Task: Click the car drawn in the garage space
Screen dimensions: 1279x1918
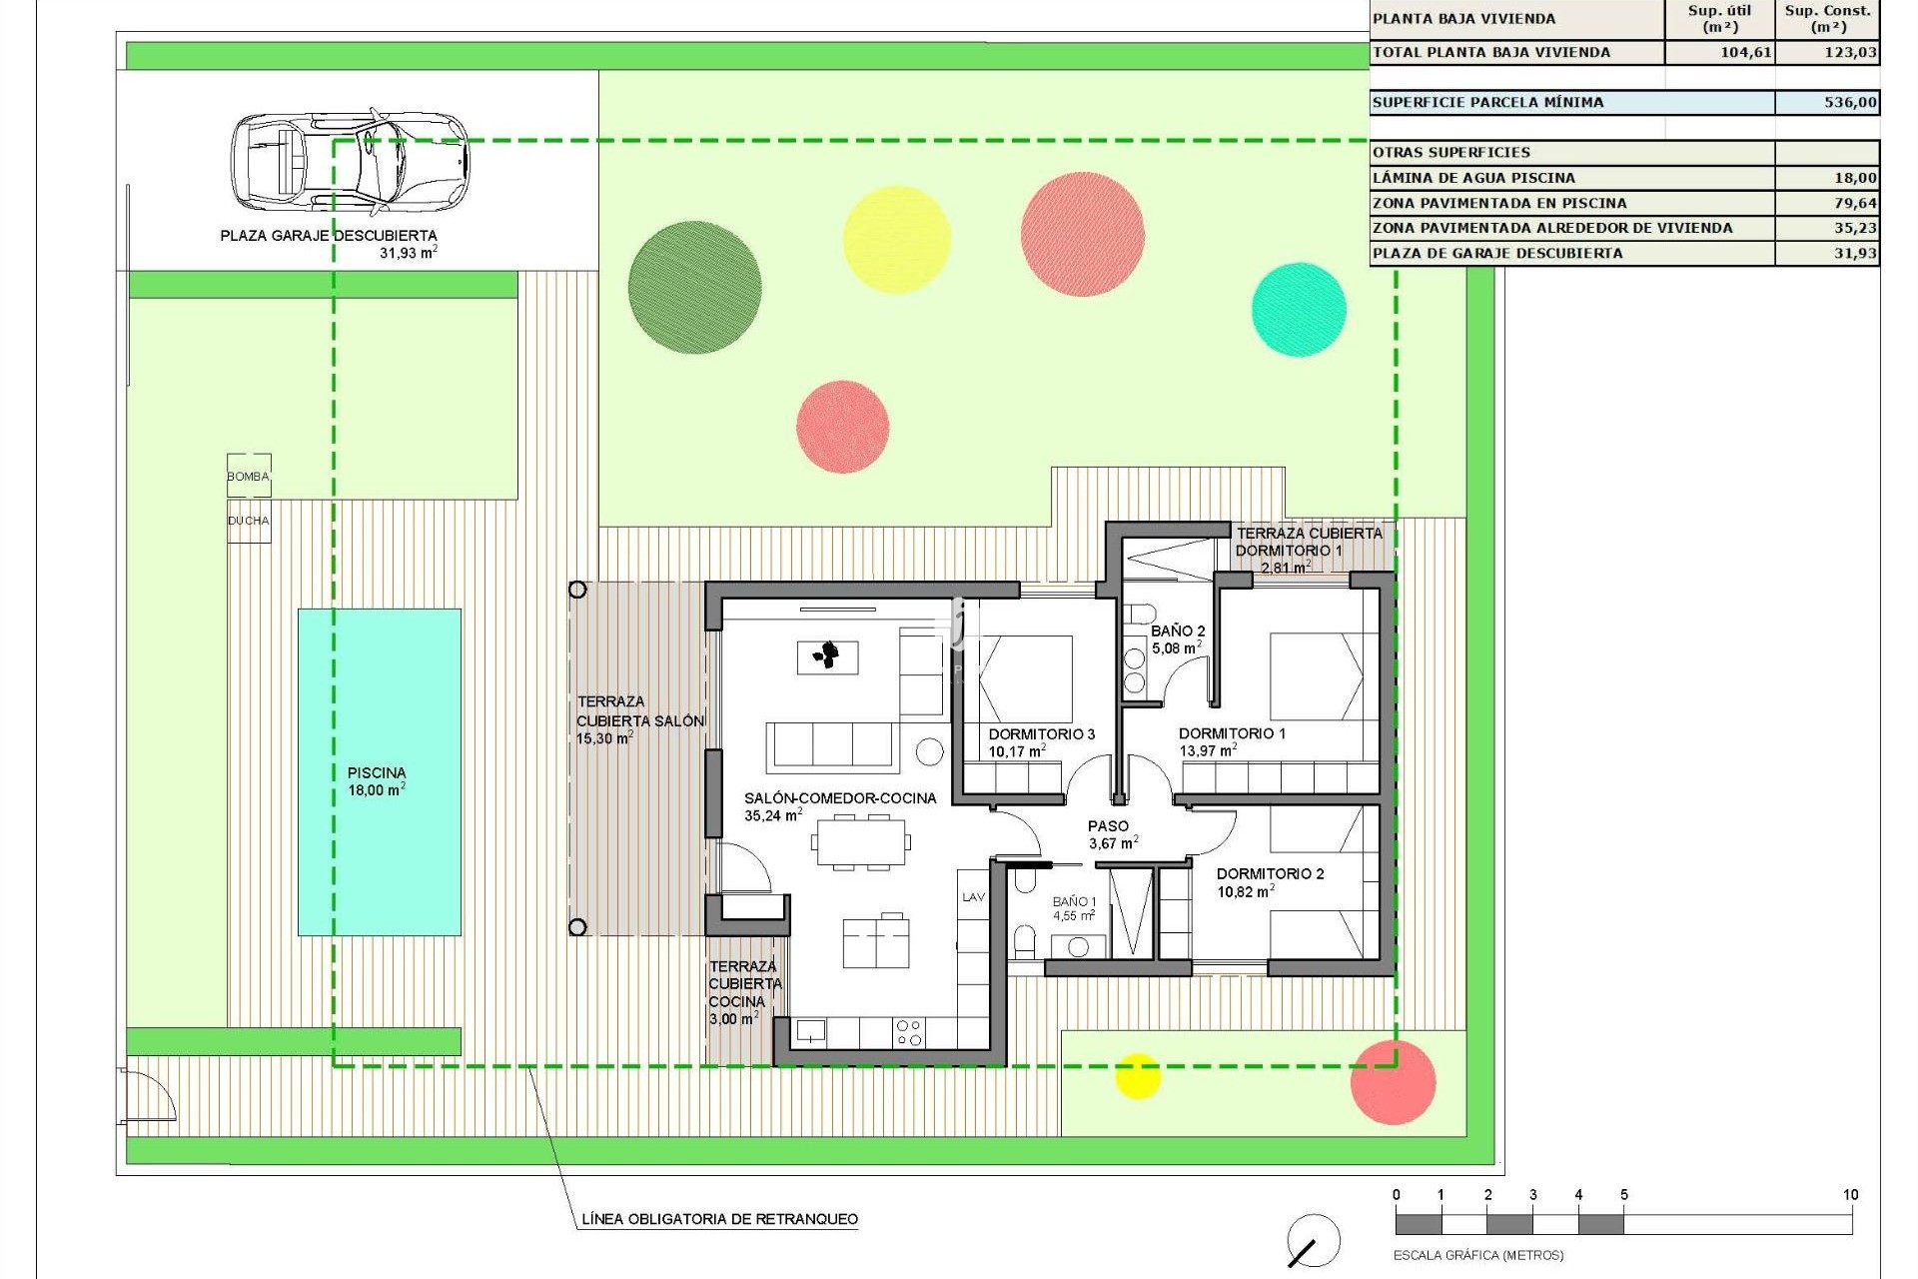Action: [350, 160]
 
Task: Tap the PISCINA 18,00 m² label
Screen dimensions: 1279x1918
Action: [377, 781]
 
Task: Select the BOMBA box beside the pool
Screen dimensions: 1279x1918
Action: [249, 476]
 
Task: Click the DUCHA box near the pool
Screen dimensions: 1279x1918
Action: [249, 521]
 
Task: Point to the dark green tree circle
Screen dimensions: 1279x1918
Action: [694, 287]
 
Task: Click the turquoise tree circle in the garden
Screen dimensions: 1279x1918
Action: [1299, 309]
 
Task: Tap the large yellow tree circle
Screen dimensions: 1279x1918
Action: [896, 239]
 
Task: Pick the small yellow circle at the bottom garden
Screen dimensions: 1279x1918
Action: [1137, 1075]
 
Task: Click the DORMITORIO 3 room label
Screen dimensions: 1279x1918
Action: [1041, 734]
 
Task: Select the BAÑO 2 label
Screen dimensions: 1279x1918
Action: [1178, 632]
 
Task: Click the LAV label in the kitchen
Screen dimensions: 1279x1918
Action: [974, 897]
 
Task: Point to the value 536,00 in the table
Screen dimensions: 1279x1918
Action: [1850, 102]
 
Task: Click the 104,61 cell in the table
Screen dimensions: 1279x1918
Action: [1745, 52]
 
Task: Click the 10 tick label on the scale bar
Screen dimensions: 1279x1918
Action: [1850, 1195]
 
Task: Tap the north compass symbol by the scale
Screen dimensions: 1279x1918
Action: [1313, 1241]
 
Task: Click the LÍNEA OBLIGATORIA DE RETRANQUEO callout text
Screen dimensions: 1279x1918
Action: [719, 1219]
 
